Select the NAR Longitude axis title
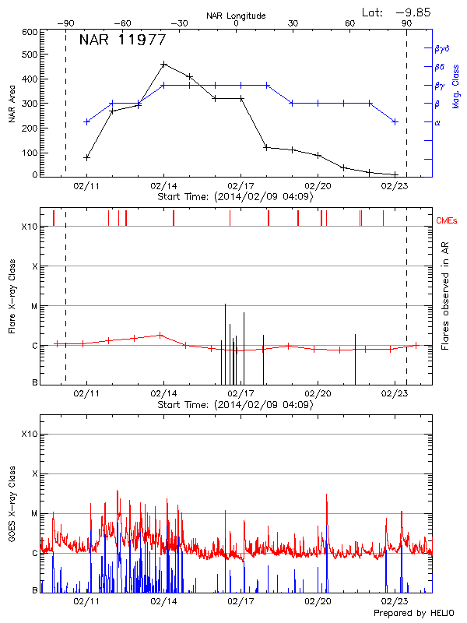pos(236,16)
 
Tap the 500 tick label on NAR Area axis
pos(28,55)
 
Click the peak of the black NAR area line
pos(163,64)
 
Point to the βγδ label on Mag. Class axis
pos(441,48)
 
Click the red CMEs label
pos(448,220)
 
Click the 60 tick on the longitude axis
pos(349,23)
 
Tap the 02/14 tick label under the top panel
pos(163,187)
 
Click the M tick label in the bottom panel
pos(34,514)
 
